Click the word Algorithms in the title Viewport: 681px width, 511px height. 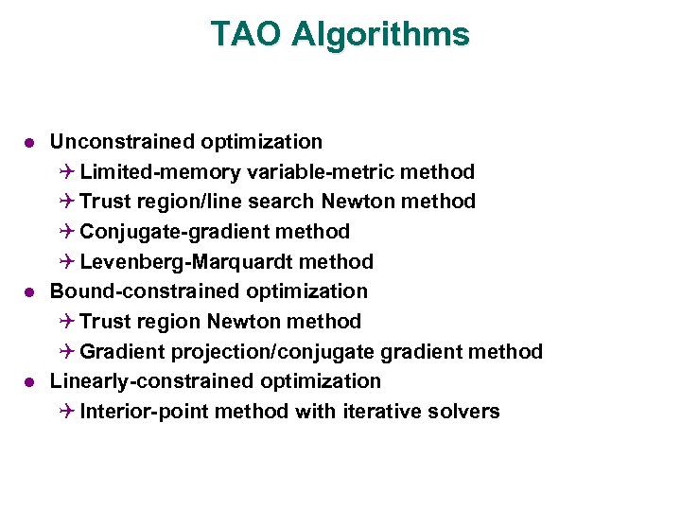(x=380, y=35)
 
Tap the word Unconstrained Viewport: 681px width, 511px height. (x=124, y=142)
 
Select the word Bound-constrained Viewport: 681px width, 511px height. (x=127, y=291)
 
